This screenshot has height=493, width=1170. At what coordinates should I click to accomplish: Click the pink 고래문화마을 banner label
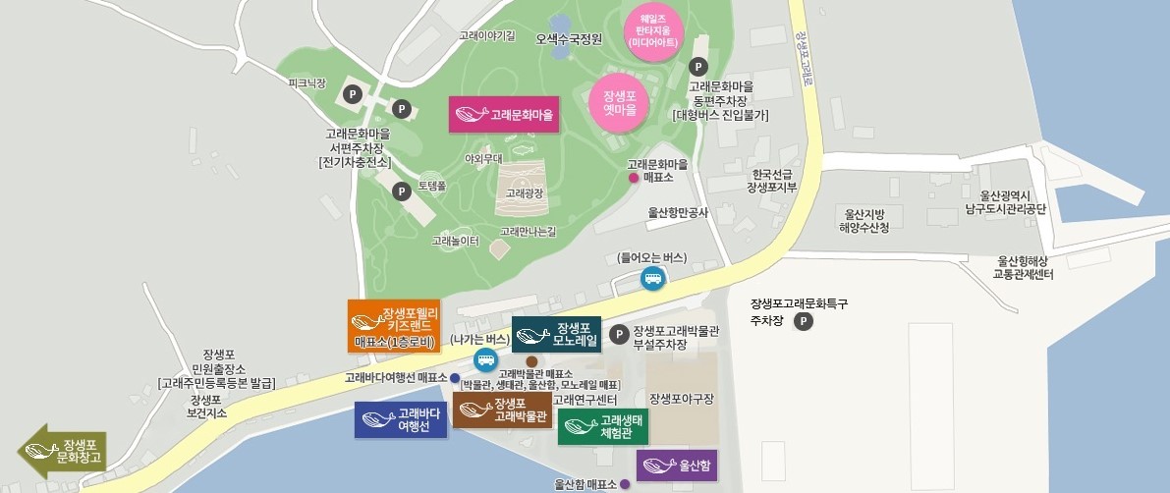[503, 115]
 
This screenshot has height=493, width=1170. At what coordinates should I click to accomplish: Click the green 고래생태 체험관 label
[604, 427]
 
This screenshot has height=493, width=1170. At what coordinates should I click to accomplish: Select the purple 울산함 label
[677, 465]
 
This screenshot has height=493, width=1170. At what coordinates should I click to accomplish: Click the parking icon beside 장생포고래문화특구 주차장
[804, 321]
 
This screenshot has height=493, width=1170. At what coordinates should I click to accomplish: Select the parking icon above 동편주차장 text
[698, 67]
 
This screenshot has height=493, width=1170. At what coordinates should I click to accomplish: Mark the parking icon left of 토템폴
[401, 192]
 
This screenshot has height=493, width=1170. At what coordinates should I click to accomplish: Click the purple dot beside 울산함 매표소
[625, 485]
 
